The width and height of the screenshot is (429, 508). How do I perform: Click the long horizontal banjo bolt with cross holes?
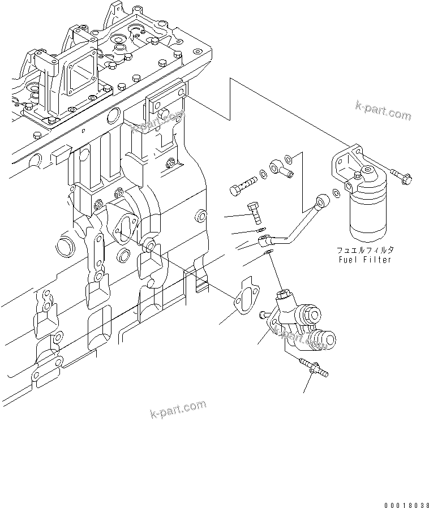(x=243, y=183)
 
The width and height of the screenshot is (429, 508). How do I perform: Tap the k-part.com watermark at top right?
(x=383, y=111)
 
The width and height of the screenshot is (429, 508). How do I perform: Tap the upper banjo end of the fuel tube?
(x=324, y=199)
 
